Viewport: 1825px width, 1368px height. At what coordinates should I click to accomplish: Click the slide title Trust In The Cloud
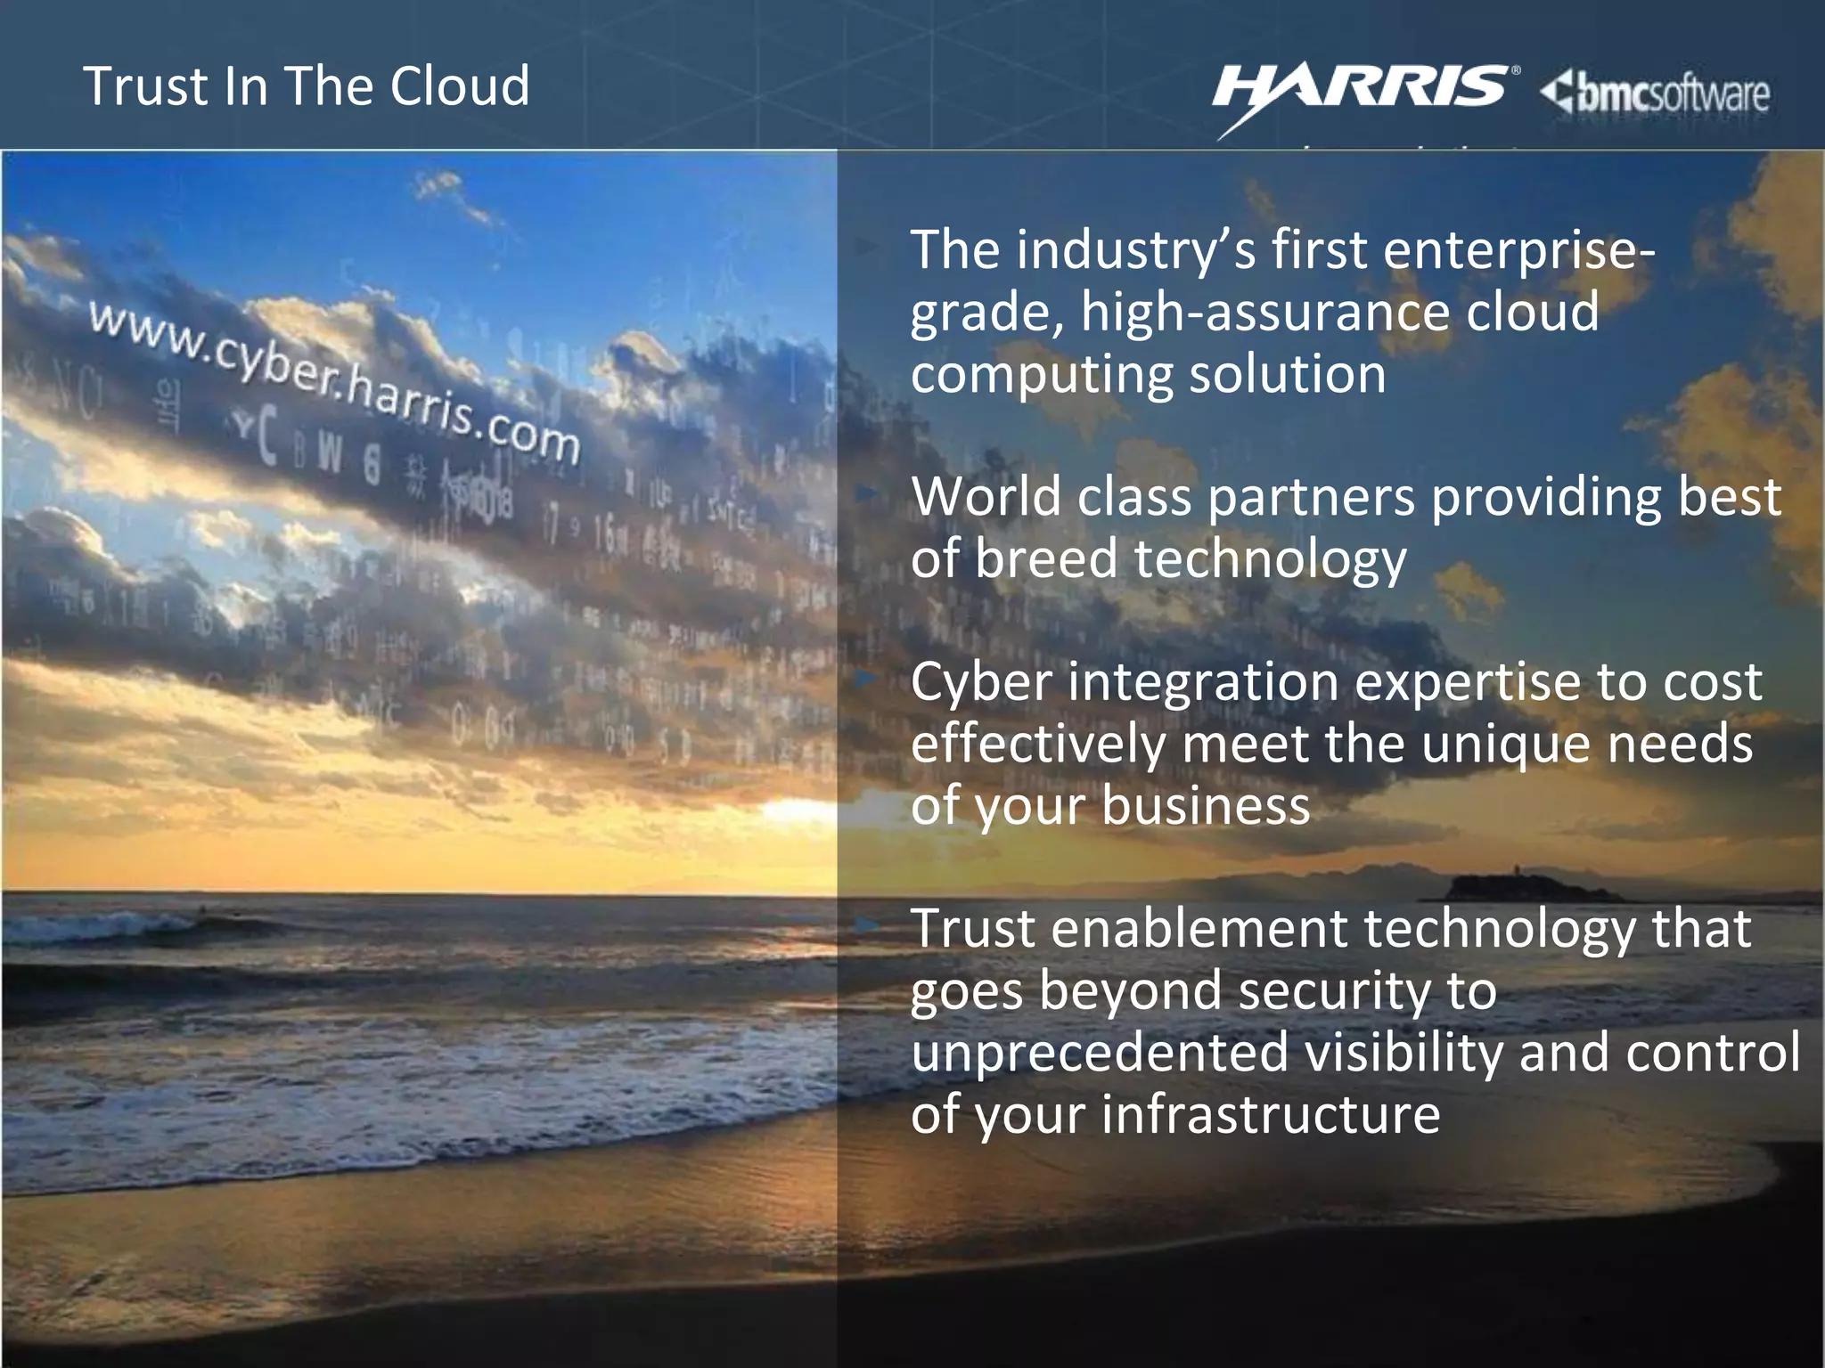pyautogui.click(x=307, y=86)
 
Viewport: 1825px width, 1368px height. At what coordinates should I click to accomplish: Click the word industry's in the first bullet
pyautogui.click(x=1136, y=249)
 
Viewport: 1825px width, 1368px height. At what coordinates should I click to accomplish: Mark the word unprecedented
pyautogui.click(x=1100, y=1053)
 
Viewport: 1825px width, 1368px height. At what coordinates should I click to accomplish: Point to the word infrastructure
pyautogui.click(x=1271, y=1114)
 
